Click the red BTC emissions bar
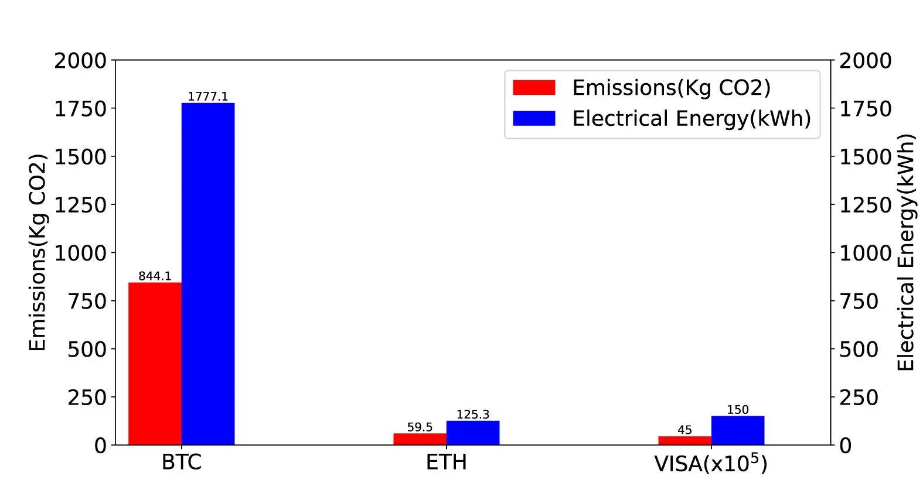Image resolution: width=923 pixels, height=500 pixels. (x=155, y=364)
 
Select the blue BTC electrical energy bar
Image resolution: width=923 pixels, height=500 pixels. (x=208, y=273)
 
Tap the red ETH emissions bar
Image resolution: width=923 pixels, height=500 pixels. (x=420, y=439)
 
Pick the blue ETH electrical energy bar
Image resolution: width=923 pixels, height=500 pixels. (x=473, y=433)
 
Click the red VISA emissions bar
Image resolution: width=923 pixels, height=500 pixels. (x=685, y=440)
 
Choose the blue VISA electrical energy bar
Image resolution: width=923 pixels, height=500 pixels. (x=738, y=430)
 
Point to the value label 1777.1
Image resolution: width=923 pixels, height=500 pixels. (x=207, y=96)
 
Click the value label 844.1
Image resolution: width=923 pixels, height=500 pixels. (x=155, y=276)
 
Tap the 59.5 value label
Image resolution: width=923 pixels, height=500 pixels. (x=420, y=427)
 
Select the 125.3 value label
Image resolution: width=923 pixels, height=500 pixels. (x=473, y=415)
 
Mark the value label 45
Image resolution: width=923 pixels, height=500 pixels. (x=685, y=430)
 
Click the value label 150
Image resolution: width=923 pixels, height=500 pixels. (x=738, y=410)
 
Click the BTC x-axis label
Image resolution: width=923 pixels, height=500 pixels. (x=182, y=462)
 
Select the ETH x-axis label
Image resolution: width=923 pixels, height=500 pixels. (x=447, y=462)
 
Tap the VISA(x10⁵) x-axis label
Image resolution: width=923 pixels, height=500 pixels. (x=711, y=463)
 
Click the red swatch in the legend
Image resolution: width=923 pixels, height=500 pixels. (x=534, y=88)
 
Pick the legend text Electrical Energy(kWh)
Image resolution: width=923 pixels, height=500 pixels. (x=692, y=118)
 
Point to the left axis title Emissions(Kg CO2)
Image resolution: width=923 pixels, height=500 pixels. (x=37, y=253)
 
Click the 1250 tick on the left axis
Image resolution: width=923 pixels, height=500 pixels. (x=81, y=205)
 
